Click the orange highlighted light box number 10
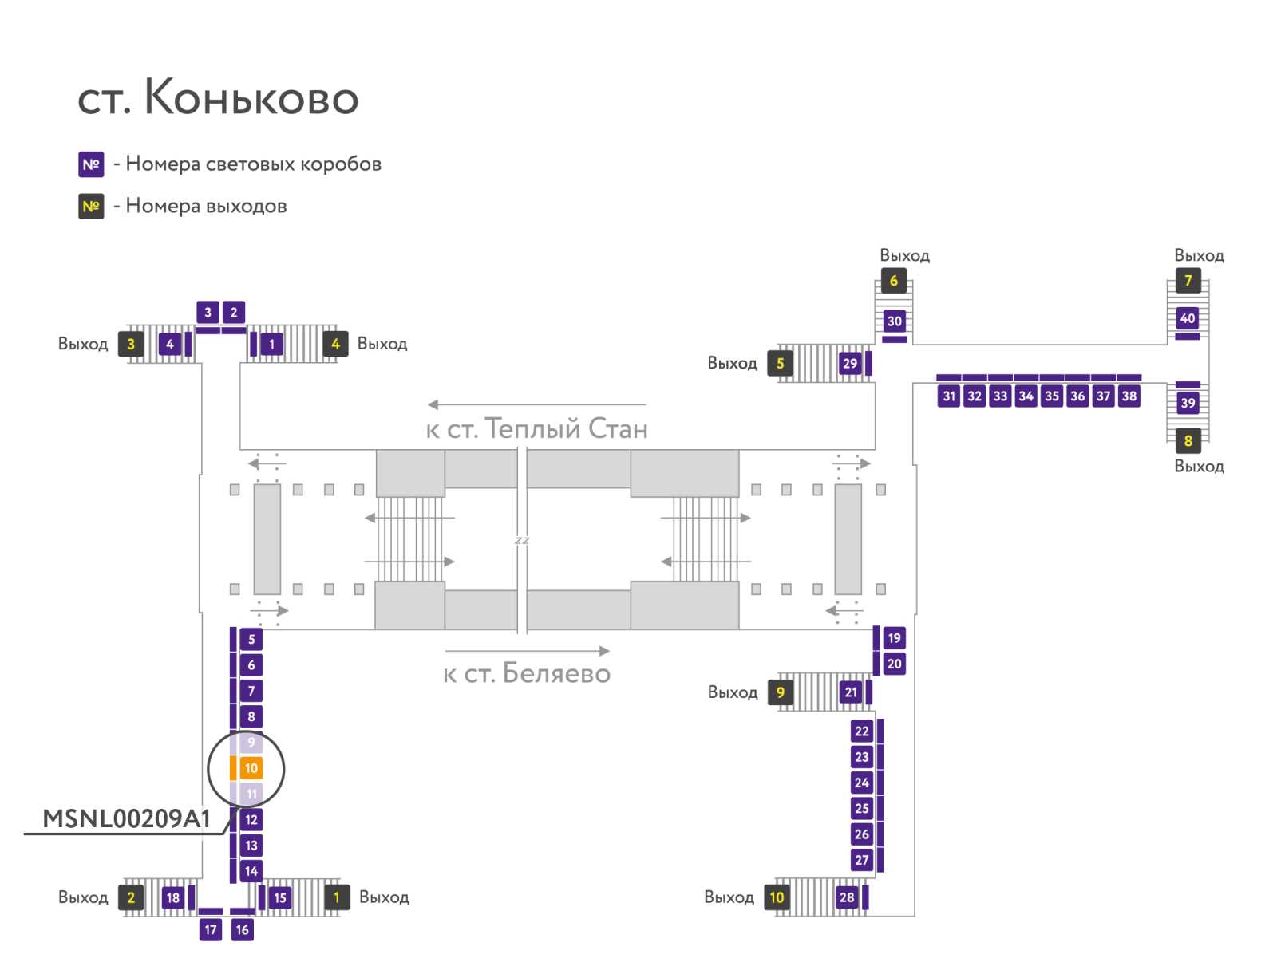pos(251,768)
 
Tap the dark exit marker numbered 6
pos(893,281)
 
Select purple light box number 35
pos(1052,396)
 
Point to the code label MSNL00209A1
pos(126,819)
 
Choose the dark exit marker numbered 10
pos(777,897)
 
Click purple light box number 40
pos(1188,318)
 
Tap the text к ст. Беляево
pos(527,674)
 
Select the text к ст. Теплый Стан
pos(536,429)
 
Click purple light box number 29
pos(850,364)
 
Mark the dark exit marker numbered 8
pos(1188,441)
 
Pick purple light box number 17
pos(211,929)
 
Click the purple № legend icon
pos(91,164)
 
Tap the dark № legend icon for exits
pos(91,207)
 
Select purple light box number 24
pos(862,783)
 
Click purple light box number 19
pos(894,638)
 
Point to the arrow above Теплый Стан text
pos(536,404)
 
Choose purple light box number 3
pos(208,313)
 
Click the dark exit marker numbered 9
pos(780,692)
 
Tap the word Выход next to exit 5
pos(732,364)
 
